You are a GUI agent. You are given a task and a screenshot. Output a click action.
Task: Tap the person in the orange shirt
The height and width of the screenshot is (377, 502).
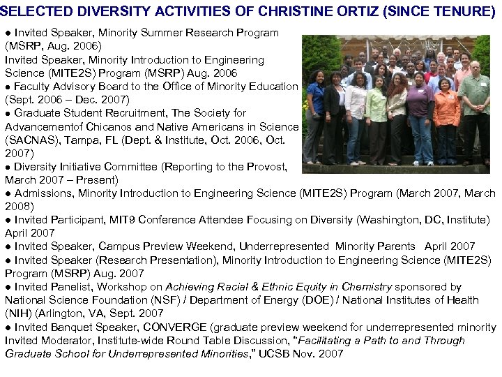pyautogui.click(x=446, y=112)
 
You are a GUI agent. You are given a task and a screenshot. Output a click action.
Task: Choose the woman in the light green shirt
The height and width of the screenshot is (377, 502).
pyautogui.click(x=376, y=112)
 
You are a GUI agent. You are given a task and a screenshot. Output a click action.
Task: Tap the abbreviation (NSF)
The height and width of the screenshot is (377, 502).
pyautogui.click(x=176, y=300)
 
